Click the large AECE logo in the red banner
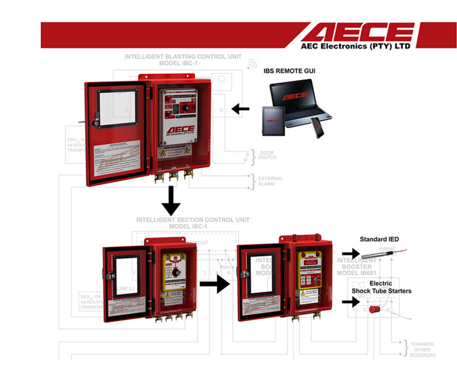358,32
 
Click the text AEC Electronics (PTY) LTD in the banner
355,46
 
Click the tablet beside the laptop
273,121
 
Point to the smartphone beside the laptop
317,128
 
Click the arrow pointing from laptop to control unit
241,109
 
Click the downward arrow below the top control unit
171,201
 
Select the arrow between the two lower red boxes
214,283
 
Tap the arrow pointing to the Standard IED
351,253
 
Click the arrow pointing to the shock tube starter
351,302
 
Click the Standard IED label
379,239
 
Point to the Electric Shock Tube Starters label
381,287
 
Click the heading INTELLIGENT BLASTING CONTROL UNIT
183,57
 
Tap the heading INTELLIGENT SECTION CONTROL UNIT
192,220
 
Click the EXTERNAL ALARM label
270,181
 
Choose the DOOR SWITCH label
267,155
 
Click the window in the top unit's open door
118,108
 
